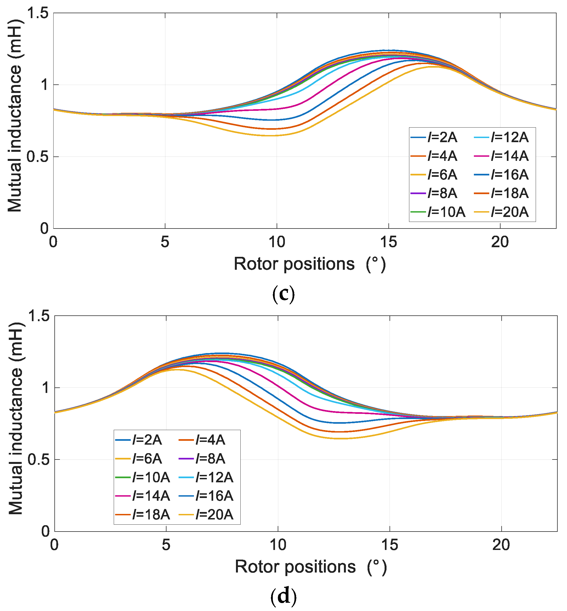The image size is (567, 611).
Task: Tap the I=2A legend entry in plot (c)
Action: [x=434, y=137]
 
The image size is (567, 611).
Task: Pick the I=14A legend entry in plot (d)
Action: [x=143, y=496]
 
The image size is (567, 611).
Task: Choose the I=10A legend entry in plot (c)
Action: [x=438, y=212]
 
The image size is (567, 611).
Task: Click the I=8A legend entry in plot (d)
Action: [x=202, y=459]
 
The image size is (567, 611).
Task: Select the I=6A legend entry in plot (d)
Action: [x=139, y=459]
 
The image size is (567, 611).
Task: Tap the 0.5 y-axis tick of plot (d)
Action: [x=39, y=460]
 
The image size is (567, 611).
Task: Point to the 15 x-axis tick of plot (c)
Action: [x=388, y=242]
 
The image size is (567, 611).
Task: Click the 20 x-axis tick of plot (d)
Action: [x=501, y=545]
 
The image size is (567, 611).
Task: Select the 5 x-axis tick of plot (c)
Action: [x=165, y=242]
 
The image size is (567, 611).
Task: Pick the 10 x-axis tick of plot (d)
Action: [x=278, y=545]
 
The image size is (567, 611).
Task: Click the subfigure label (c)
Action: [x=283, y=294]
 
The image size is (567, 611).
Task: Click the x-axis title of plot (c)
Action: [x=310, y=264]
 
